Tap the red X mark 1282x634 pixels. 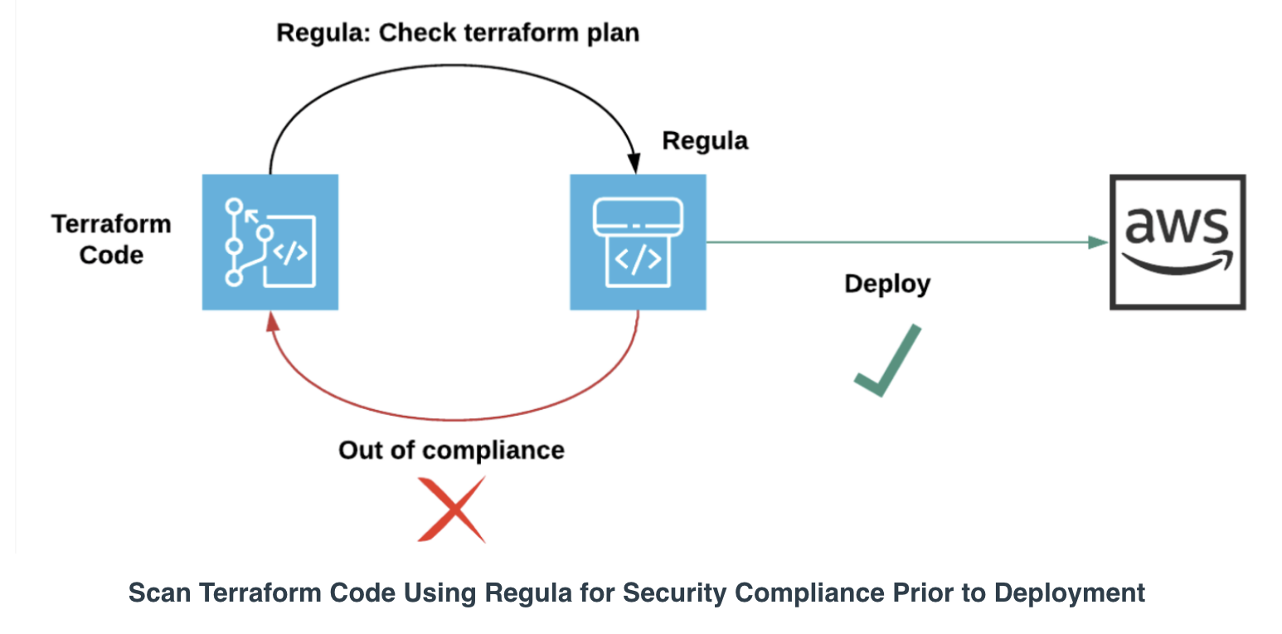452,510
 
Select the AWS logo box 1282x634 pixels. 1178,242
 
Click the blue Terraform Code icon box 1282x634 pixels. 270,242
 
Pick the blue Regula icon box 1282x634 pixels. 639,242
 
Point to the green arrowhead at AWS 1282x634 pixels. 1098,242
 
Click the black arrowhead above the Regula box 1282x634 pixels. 634,163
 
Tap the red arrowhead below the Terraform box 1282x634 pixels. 273,321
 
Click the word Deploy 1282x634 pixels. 887,285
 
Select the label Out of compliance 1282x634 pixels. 452,450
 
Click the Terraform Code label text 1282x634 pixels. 112,239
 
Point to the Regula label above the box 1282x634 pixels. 705,141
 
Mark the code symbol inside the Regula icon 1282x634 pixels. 639,259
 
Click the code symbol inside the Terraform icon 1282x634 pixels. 290,252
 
